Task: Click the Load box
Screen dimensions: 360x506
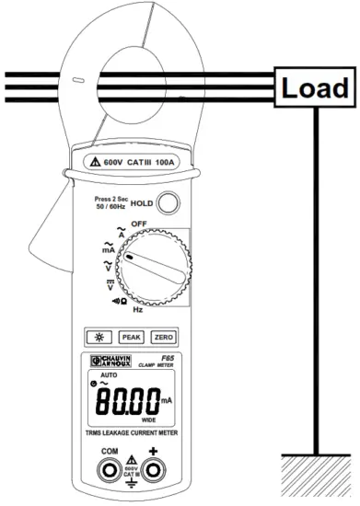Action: tap(315, 89)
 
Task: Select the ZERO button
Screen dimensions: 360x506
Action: tap(163, 337)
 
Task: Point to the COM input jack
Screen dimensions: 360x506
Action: tap(109, 475)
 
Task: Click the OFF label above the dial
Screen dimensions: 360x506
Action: tap(139, 224)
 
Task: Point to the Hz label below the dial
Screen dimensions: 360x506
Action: tap(137, 310)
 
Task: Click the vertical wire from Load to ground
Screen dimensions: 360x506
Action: tap(316, 276)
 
